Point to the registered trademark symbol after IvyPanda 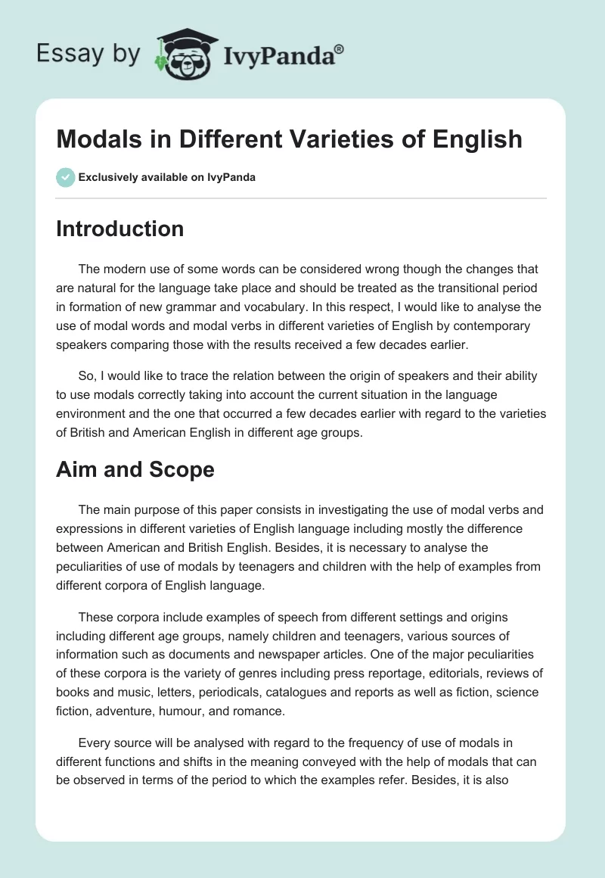[340, 48]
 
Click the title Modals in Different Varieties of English [289, 139]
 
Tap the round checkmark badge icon [65, 177]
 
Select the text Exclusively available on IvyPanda [167, 177]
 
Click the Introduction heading [119, 229]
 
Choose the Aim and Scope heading [135, 469]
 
